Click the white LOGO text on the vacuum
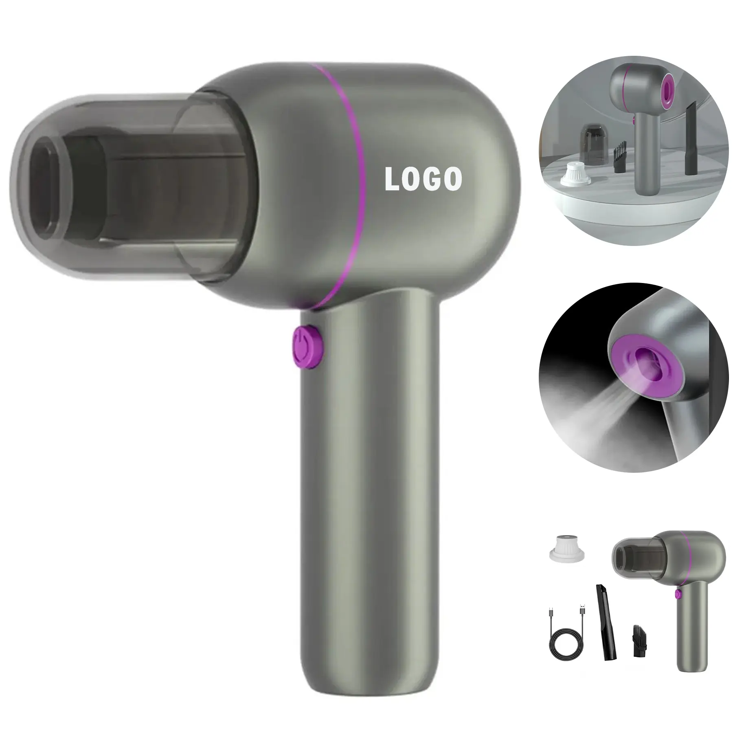[x=424, y=179]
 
